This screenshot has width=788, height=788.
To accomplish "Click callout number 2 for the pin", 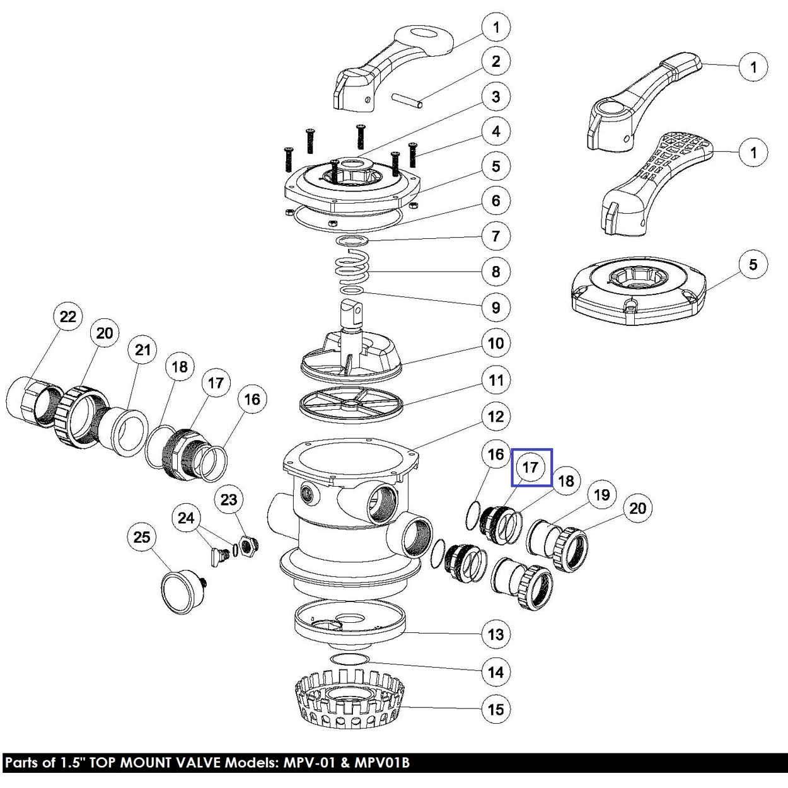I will click(x=495, y=62).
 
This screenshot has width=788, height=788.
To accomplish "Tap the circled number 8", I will click(x=495, y=272).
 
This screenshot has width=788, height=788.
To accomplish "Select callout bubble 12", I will click(x=495, y=417).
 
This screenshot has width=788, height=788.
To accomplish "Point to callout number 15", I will click(x=495, y=709).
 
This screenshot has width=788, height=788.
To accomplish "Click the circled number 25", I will click(x=142, y=536).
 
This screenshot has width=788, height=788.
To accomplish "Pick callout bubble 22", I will click(x=67, y=317).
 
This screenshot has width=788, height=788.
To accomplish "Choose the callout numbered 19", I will click(x=602, y=495).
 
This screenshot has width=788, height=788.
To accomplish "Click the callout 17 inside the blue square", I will click(x=531, y=468).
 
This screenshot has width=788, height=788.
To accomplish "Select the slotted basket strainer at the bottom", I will click(x=350, y=700).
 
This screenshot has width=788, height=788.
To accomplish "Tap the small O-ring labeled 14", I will click(x=349, y=659).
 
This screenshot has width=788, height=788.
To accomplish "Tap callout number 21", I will click(x=143, y=350).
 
